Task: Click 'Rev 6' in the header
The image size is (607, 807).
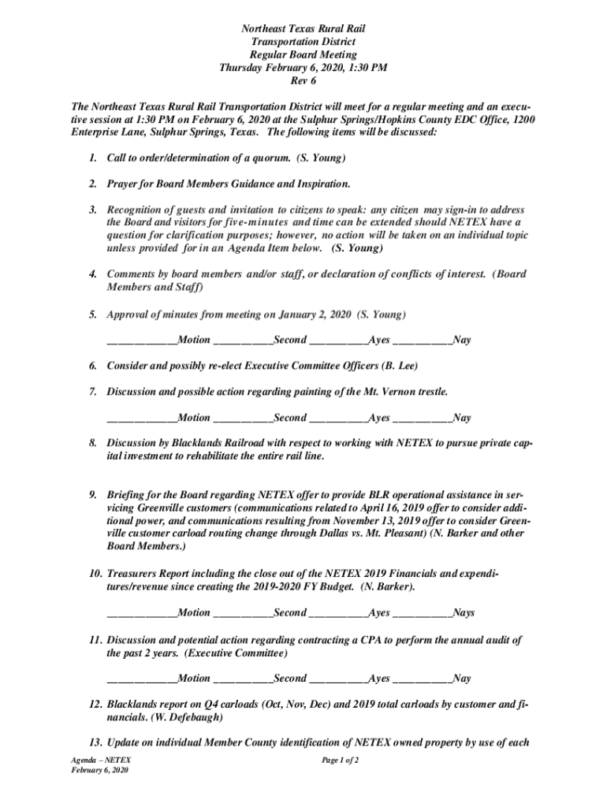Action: tap(303, 80)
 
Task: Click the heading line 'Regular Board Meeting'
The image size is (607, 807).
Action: tap(303, 54)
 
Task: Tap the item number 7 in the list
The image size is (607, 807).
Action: tap(92, 391)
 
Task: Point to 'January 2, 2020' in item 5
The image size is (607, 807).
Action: tap(314, 314)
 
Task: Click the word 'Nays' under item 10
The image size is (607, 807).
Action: tap(464, 612)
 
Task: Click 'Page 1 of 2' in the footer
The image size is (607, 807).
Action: tap(341, 760)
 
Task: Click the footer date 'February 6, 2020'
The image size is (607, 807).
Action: tap(99, 770)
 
